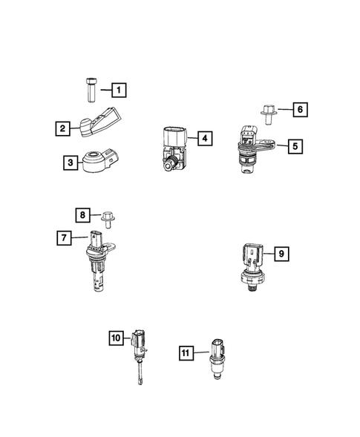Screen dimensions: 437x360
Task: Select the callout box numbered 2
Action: tap(64, 128)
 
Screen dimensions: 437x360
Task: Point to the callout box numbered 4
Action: tap(203, 137)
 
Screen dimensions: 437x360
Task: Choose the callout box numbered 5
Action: tap(295, 147)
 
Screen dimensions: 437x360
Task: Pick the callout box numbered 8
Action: tap(84, 216)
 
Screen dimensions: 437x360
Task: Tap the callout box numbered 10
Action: tap(117, 338)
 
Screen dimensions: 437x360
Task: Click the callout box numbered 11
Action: tap(187, 352)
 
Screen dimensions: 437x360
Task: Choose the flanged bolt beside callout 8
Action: tap(108, 217)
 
